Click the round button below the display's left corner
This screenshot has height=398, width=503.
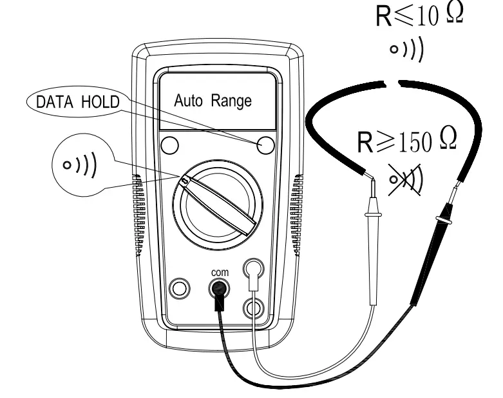[169, 144]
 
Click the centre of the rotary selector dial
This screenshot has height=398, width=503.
[217, 206]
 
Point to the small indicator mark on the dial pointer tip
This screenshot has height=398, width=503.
[186, 182]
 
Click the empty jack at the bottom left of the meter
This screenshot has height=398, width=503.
[180, 287]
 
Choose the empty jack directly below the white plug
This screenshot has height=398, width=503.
[253, 308]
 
